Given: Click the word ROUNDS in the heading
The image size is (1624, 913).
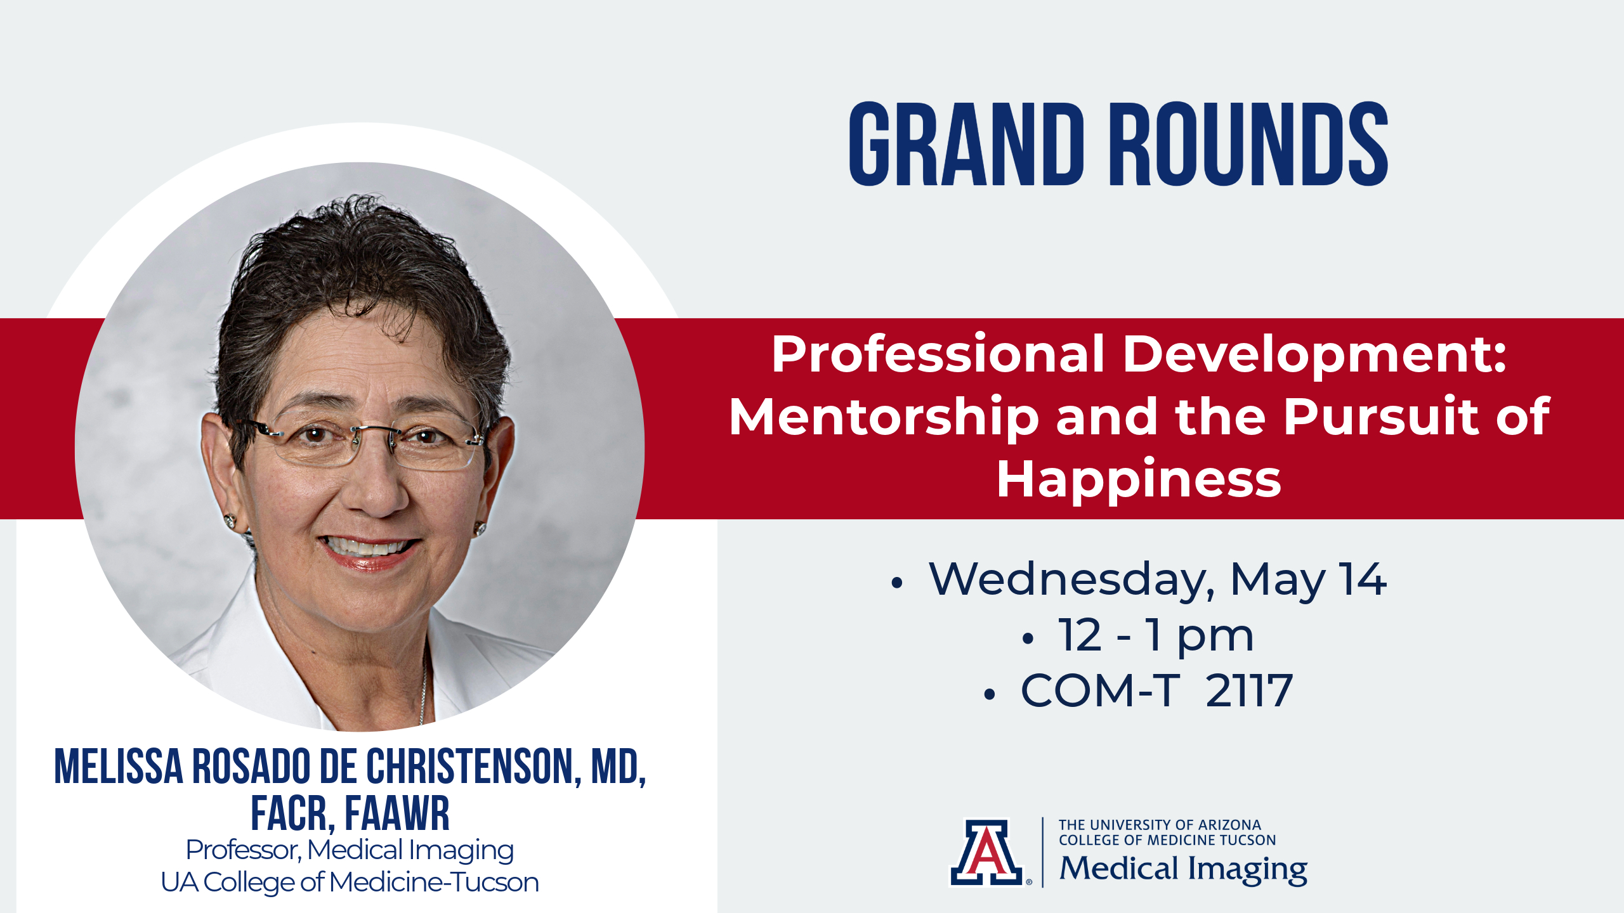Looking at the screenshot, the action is point(1248,144).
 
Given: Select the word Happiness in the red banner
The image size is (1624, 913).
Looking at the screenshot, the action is point(1139,480).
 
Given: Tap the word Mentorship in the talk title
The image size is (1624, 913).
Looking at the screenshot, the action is point(884,417).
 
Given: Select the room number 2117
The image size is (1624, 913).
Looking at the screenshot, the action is point(1249,690).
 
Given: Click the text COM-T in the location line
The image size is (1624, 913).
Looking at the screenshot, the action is point(1100,690).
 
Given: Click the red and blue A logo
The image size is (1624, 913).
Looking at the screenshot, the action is point(986,852).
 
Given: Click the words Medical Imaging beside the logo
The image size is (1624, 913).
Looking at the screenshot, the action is point(1183,869).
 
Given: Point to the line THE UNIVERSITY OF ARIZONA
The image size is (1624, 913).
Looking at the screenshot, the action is point(1160,825).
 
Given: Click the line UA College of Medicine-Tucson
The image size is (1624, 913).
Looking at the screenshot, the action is point(350,882).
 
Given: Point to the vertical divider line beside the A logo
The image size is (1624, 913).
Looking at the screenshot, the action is point(1043,852).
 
